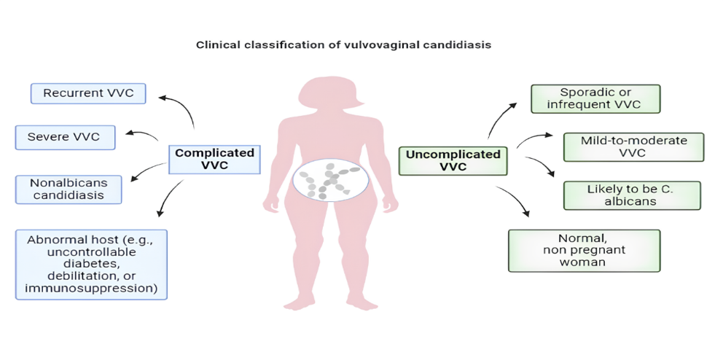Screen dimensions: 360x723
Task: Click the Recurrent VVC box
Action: (x=88, y=93)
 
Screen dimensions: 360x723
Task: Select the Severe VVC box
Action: (x=65, y=137)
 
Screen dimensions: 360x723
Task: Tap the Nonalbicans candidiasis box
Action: (x=68, y=189)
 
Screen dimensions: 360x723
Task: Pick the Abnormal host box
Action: (x=91, y=264)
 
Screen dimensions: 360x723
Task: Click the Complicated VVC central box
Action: (x=214, y=160)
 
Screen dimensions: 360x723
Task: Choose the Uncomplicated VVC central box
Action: (x=453, y=160)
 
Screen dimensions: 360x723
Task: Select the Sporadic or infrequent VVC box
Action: (x=595, y=98)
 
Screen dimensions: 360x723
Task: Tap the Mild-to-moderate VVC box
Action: (x=633, y=146)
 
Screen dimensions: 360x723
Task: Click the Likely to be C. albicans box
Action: (x=631, y=195)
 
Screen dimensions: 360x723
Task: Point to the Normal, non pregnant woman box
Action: (x=583, y=250)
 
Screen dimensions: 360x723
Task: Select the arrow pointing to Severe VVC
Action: (x=142, y=134)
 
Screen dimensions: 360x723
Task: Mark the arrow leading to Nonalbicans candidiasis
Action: (x=148, y=171)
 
